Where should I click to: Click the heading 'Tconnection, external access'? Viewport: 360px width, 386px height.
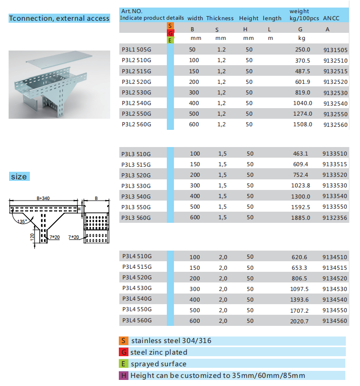click(x=59, y=19)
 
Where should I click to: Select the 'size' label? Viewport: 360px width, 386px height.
click(x=19, y=176)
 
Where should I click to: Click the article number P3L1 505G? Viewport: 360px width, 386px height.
click(x=137, y=50)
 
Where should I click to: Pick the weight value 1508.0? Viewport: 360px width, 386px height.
click(x=303, y=124)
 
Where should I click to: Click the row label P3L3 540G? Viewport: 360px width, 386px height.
click(x=137, y=196)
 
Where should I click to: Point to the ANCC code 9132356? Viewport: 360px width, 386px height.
click(x=335, y=217)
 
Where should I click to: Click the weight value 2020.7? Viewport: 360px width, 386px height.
click(x=300, y=320)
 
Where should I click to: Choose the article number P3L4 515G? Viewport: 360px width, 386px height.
click(x=137, y=267)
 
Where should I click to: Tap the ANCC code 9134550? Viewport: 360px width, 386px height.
click(x=335, y=310)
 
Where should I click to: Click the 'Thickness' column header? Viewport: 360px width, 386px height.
click(x=219, y=18)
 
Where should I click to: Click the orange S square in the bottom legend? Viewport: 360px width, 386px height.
click(x=123, y=341)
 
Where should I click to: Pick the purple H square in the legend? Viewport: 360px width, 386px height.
click(x=123, y=375)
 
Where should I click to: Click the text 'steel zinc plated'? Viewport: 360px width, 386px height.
click(x=159, y=352)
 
